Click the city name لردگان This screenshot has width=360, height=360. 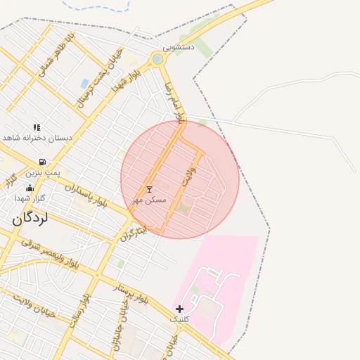[30, 218]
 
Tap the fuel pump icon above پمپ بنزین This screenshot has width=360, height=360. [43, 162]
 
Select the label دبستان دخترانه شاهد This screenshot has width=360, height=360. [38, 138]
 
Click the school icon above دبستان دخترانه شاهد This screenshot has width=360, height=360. [37, 127]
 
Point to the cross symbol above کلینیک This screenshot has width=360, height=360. [179, 309]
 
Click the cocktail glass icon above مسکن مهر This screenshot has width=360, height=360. [149, 190]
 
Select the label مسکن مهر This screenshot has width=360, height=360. [149, 200]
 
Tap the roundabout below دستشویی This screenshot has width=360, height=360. [157, 59]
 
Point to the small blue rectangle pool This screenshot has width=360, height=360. [84, 84]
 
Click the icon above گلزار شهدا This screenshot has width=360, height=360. [29, 188]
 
